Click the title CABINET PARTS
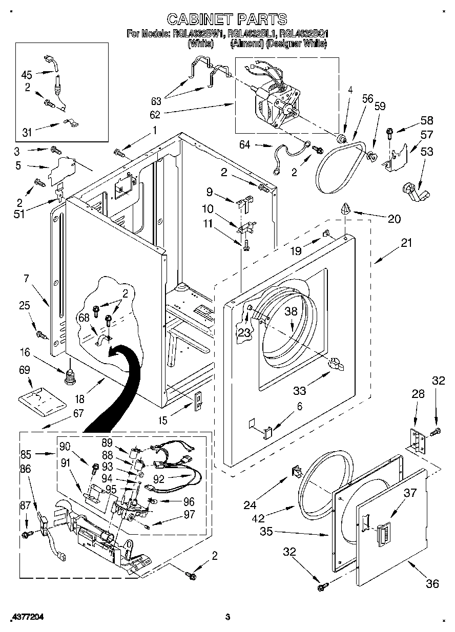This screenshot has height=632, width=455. [228, 19]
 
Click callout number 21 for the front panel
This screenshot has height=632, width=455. [406, 243]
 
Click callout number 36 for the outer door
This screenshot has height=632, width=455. [432, 583]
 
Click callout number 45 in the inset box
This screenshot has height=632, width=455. [27, 74]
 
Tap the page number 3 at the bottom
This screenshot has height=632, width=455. [228, 617]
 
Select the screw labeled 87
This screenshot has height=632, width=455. [26, 534]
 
